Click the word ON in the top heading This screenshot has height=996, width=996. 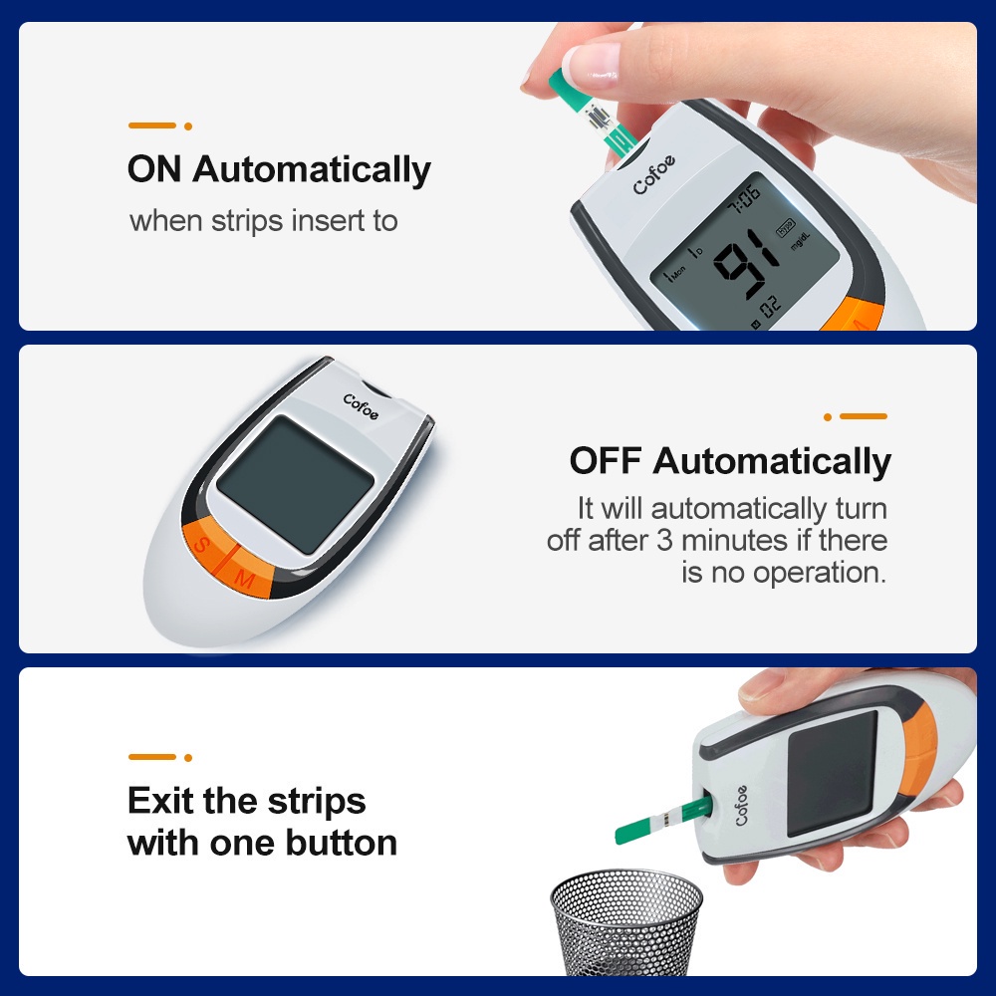(155, 169)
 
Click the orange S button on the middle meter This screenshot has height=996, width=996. (201, 544)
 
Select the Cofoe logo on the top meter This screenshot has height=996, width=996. (654, 174)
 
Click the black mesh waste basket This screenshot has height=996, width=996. (625, 925)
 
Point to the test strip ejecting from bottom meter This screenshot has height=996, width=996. (657, 822)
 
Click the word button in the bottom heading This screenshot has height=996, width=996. (342, 843)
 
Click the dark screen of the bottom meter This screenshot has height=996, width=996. (832, 772)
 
